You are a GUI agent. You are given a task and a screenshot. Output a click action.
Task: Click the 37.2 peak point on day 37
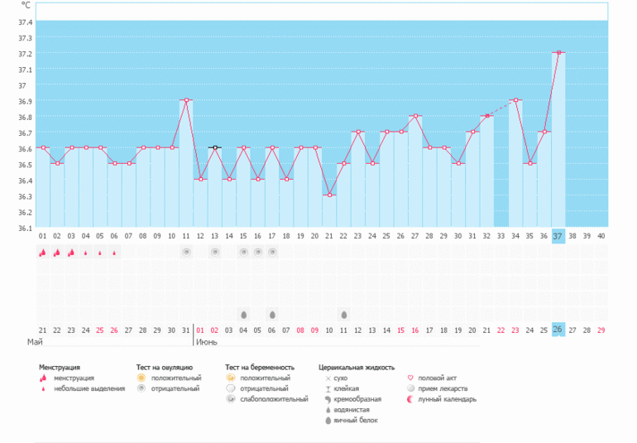pyautogui.click(x=559, y=53)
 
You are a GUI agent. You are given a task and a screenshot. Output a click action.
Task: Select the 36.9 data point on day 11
pyautogui.click(x=186, y=100)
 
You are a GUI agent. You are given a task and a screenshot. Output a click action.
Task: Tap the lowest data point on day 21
pyautogui.click(x=329, y=195)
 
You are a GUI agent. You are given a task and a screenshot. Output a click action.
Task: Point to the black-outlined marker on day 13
pyautogui.click(x=215, y=147)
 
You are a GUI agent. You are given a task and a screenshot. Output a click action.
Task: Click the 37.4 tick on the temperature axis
pyautogui.click(x=25, y=22)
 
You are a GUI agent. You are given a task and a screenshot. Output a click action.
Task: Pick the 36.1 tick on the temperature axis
pyautogui.click(x=25, y=228)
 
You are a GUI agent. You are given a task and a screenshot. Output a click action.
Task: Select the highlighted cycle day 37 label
pyautogui.click(x=558, y=236)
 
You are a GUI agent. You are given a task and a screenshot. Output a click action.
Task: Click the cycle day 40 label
pyautogui.click(x=601, y=236)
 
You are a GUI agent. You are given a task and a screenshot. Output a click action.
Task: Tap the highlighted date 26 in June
pyautogui.click(x=558, y=330)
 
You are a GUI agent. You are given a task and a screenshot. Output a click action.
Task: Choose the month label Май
pyautogui.click(x=35, y=341)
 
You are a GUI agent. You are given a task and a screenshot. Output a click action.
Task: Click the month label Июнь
pyautogui.click(x=207, y=341)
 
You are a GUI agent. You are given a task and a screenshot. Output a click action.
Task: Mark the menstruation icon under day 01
pyautogui.click(x=42, y=253)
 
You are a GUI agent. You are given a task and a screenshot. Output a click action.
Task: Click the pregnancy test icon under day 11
pyautogui.click(x=186, y=252)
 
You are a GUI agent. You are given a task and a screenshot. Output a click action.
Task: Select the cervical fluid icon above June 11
pyautogui.click(x=344, y=315)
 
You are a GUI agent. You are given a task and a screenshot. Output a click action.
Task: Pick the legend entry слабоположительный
pyautogui.click(x=267, y=398)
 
